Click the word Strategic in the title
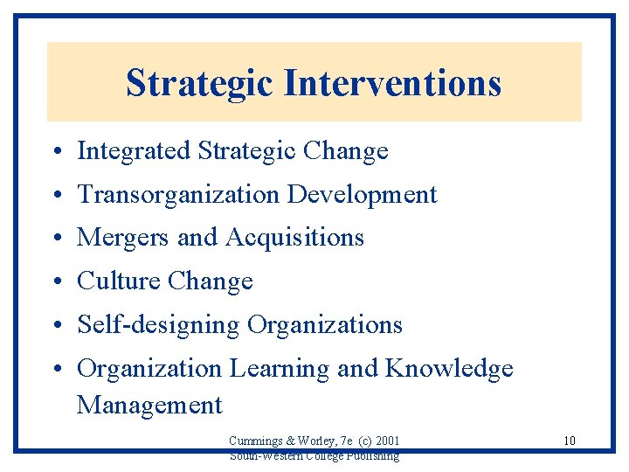199,83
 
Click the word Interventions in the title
391,83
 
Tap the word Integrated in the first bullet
134,151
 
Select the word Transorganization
179,194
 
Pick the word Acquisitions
294,238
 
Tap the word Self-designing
158,325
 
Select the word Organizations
325,325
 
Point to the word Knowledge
449,369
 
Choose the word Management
149,406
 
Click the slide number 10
569,441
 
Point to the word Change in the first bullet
345,151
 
